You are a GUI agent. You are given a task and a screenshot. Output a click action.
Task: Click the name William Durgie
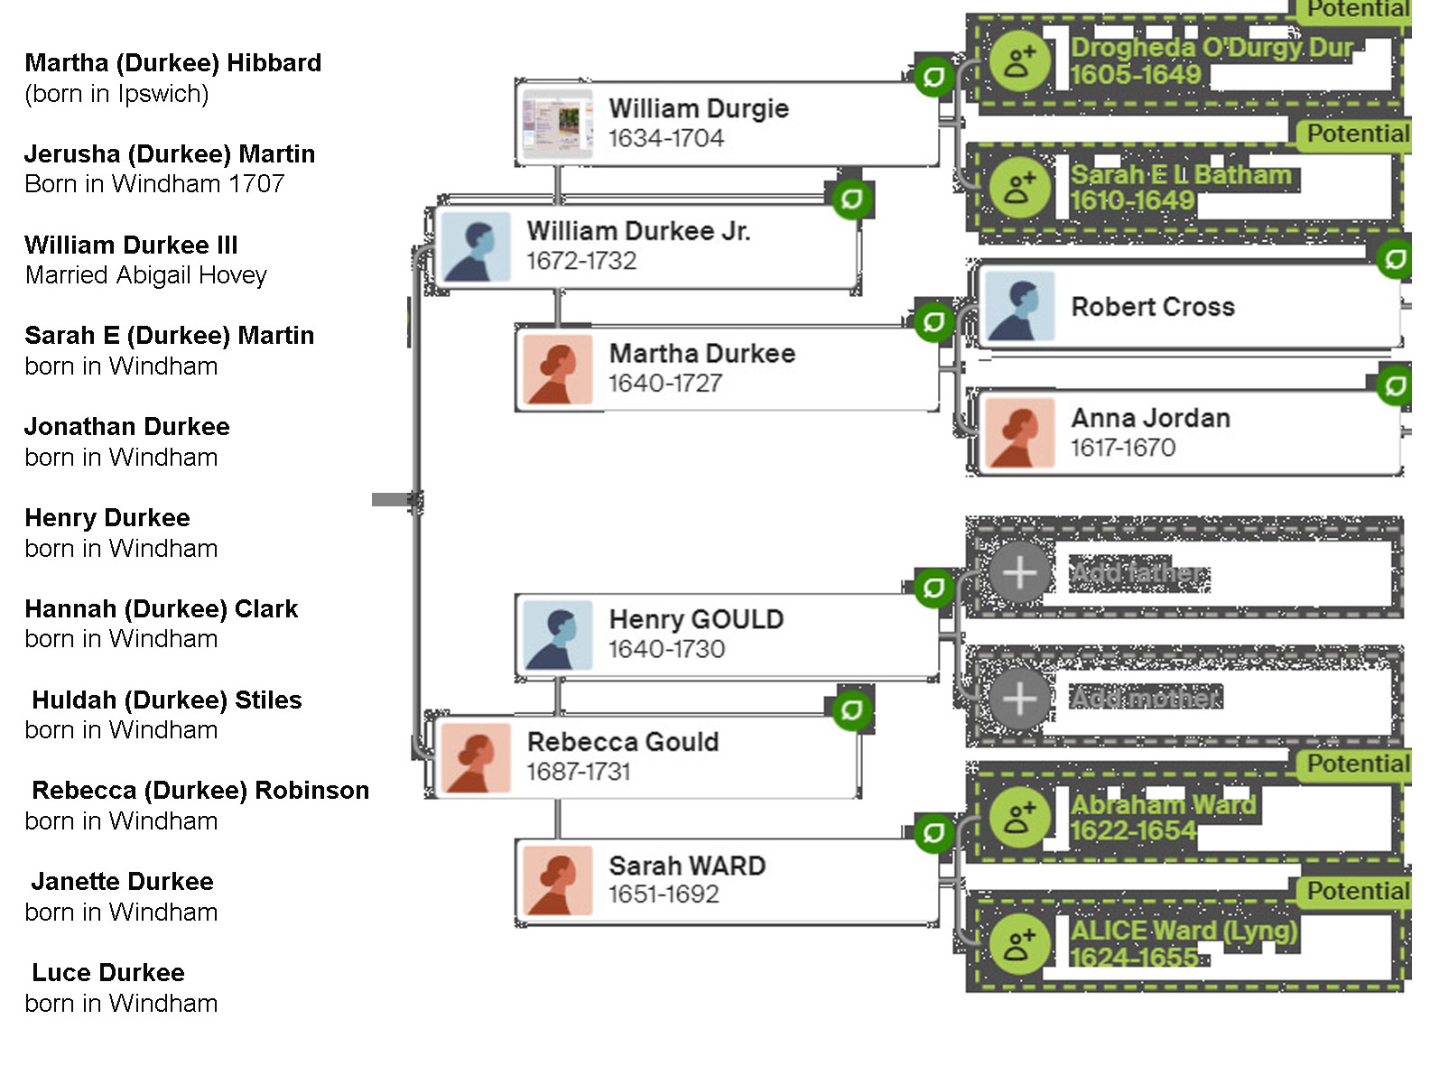(698, 108)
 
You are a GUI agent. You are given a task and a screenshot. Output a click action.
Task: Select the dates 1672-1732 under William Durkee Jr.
(581, 261)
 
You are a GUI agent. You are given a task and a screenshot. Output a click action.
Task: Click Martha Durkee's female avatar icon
(557, 370)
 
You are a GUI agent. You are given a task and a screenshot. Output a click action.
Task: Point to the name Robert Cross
(1152, 307)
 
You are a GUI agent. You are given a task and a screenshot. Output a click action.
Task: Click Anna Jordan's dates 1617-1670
(1122, 448)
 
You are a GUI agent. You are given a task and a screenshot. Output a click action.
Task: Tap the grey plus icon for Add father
(1019, 573)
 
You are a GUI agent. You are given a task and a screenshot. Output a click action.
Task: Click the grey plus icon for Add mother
(1019, 699)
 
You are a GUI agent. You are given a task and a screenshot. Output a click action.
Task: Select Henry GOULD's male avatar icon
(557, 635)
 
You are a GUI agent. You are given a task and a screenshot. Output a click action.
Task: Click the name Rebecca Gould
(623, 742)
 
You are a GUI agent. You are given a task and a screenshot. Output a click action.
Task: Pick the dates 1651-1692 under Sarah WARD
(664, 894)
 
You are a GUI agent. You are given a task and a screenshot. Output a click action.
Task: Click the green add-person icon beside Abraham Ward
(1019, 818)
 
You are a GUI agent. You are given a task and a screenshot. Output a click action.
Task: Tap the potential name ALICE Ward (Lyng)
(1184, 931)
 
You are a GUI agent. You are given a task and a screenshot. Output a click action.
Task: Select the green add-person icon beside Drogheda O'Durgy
(1019, 61)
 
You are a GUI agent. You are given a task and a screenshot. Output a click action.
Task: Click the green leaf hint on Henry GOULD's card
(933, 588)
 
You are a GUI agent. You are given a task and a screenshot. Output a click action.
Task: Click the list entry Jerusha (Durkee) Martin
(170, 154)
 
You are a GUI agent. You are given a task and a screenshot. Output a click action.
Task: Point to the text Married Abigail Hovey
(146, 275)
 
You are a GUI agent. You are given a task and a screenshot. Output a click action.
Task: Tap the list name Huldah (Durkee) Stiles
(166, 700)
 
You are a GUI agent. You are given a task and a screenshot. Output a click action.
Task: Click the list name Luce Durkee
(107, 973)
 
